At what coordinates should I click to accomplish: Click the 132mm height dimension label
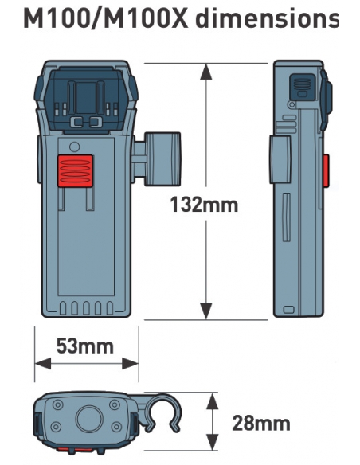click(204, 205)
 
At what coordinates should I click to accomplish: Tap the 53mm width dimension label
click(85, 346)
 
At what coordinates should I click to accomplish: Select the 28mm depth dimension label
click(261, 423)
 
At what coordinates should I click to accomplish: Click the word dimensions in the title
click(267, 19)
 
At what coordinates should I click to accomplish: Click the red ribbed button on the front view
click(75, 171)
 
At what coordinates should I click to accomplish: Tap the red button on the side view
click(326, 170)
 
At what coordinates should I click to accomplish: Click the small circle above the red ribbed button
click(74, 147)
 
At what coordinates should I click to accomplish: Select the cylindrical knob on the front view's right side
click(162, 159)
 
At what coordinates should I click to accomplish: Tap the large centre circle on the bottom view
click(89, 419)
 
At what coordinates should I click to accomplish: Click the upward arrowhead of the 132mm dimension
click(206, 72)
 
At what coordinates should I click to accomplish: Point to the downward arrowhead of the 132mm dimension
click(206, 311)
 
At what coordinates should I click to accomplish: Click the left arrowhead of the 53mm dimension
click(43, 364)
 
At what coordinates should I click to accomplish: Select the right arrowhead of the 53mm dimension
click(130, 364)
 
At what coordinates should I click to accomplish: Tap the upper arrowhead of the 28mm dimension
click(212, 401)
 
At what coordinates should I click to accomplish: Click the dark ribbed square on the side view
click(302, 86)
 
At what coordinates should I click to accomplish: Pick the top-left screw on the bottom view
click(58, 404)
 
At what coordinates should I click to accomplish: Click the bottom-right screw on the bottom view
click(116, 427)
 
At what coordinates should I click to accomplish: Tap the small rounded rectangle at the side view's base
click(288, 310)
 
